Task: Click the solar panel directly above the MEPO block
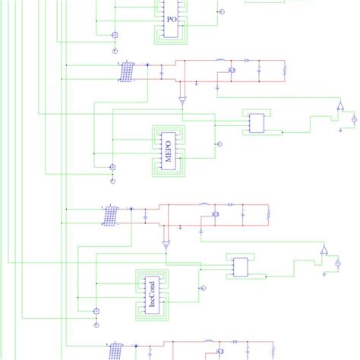[x=128, y=71]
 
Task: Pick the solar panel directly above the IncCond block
[x=111, y=216]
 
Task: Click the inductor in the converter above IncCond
[x=204, y=204]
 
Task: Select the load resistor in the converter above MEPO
[x=284, y=71]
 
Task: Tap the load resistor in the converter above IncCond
[x=268, y=215]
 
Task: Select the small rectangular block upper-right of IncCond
[x=241, y=267]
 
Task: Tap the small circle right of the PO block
[x=221, y=12]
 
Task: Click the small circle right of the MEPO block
[x=218, y=144]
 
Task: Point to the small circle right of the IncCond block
[x=202, y=288]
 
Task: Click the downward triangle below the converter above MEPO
[x=182, y=101]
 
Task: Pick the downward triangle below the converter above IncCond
[x=166, y=245]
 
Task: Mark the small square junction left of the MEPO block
[x=112, y=166]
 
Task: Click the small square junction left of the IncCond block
[x=96, y=311]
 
